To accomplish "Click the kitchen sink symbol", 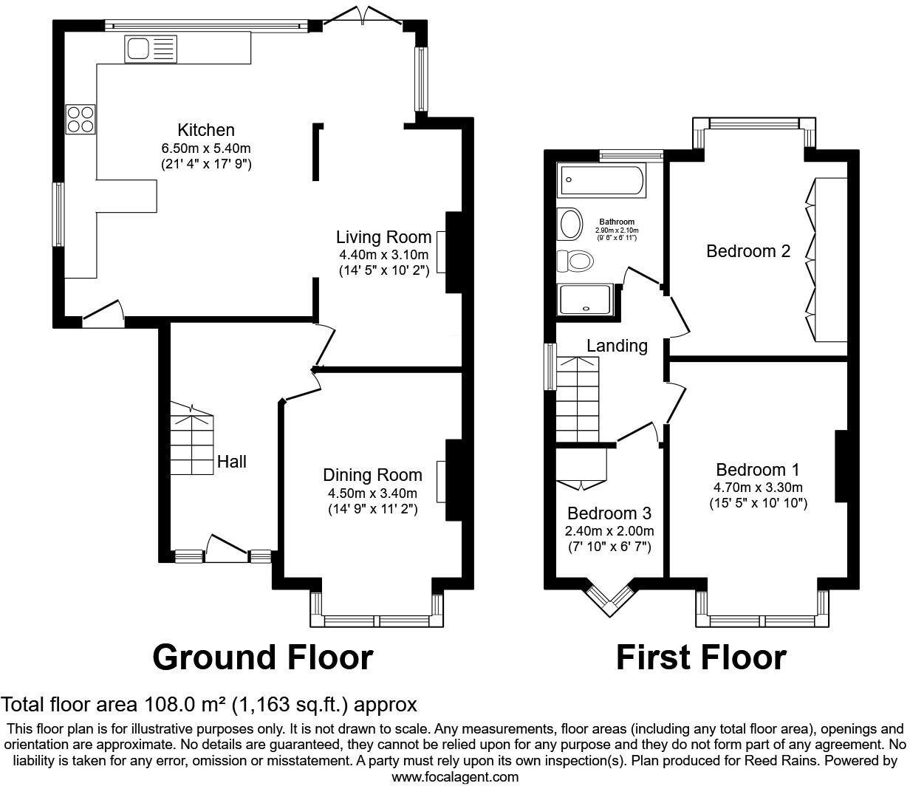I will [151, 49].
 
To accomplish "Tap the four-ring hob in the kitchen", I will [81, 120].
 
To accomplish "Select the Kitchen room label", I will [206, 130].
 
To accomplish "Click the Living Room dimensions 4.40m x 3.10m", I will [383, 255].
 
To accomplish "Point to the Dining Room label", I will [372, 475].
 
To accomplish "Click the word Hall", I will [232, 462].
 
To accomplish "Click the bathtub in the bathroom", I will [603, 180].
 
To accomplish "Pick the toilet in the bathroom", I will [575, 261].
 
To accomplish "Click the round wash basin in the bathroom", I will [571, 224].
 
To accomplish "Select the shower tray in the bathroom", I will [586, 300].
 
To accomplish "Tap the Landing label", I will [617, 346].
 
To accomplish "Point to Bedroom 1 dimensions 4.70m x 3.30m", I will [758, 488].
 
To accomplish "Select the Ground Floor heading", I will [262, 657].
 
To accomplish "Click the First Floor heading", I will [701, 657].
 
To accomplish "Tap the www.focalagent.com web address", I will [454, 776].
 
